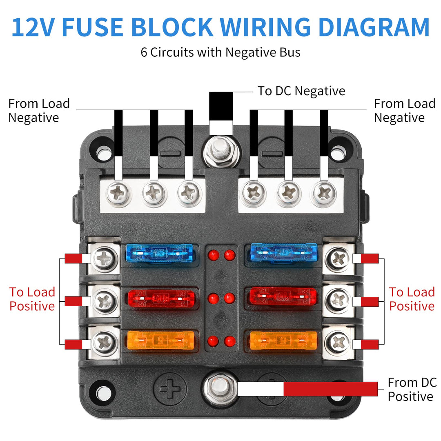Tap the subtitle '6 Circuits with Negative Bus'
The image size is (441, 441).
[x=220, y=52]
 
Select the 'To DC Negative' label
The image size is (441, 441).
[x=301, y=91]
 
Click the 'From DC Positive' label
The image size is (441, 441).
[x=412, y=390]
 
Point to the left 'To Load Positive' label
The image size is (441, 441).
[x=32, y=299]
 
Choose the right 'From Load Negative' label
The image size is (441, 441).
[x=405, y=111]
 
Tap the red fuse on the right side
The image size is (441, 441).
[x=283, y=297]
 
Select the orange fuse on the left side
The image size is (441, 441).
[x=160, y=340]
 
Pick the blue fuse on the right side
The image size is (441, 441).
[x=283, y=253]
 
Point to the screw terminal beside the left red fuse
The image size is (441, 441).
[x=105, y=301]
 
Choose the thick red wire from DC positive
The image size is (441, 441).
[x=331, y=389]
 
